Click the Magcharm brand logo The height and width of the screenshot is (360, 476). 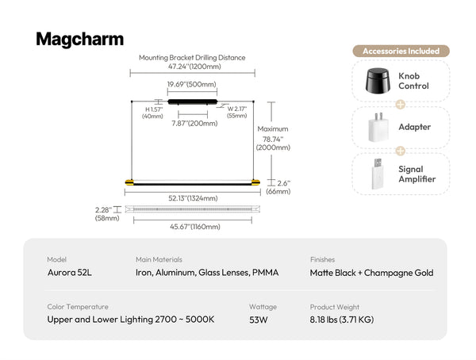(80, 40)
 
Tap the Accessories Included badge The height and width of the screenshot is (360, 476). (401, 51)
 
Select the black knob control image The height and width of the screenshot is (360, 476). (378, 80)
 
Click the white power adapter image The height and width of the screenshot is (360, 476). (378, 127)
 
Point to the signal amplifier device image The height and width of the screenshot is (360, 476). (377, 174)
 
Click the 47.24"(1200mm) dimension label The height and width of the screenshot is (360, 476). (194, 67)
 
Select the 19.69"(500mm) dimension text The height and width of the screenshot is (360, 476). (192, 84)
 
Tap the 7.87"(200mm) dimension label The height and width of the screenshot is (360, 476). (194, 124)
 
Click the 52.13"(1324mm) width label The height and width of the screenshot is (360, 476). (193, 198)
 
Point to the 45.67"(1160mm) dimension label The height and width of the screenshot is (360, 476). (195, 227)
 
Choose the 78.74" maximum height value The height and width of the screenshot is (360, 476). (273, 140)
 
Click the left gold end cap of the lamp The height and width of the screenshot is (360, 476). (129, 182)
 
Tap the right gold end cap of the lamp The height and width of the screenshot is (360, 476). (255, 182)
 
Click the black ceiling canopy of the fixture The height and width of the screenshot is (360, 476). (193, 102)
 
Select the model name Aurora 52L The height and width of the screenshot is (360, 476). (70, 273)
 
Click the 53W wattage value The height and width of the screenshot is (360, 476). (259, 320)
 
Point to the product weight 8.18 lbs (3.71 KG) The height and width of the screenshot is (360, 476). (342, 320)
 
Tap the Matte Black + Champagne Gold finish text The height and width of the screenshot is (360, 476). (371, 273)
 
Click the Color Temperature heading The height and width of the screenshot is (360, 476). (78, 307)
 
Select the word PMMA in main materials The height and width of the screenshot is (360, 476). (265, 273)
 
